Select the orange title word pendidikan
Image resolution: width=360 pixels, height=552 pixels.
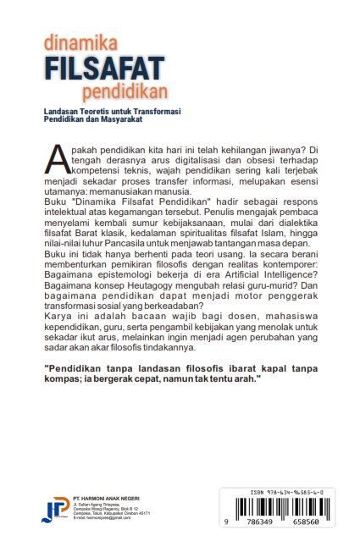pyautogui.click(x=125, y=91)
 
